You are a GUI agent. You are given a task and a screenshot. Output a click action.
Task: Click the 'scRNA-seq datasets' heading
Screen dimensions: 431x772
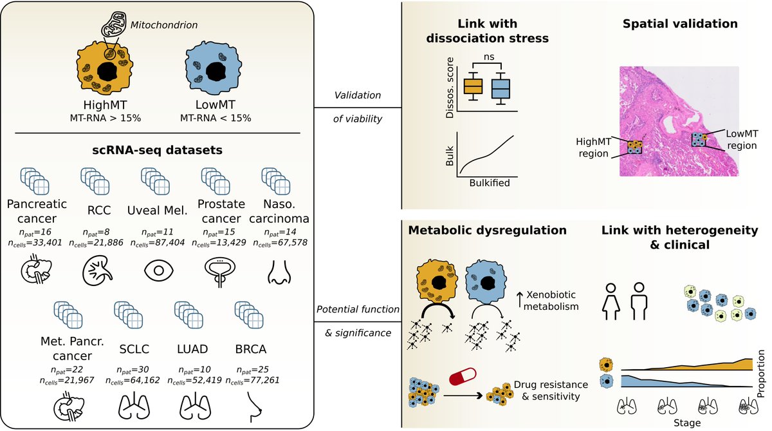coord(158,150)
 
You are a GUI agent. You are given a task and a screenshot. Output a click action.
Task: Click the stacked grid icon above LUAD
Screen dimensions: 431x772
coord(189,315)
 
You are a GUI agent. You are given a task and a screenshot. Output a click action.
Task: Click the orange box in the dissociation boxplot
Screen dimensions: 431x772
coord(473,86)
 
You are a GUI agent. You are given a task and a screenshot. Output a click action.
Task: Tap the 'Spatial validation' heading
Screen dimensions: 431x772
coord(680,24)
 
